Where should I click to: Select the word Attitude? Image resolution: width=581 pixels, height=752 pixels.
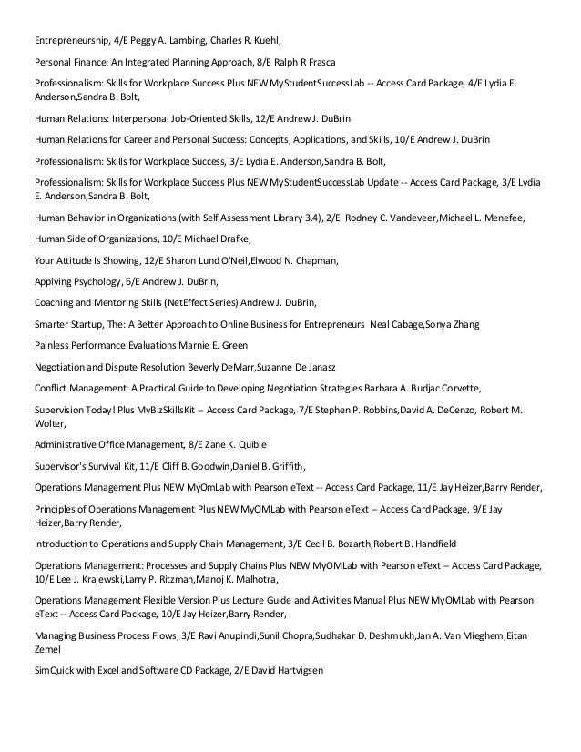[75, 261]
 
